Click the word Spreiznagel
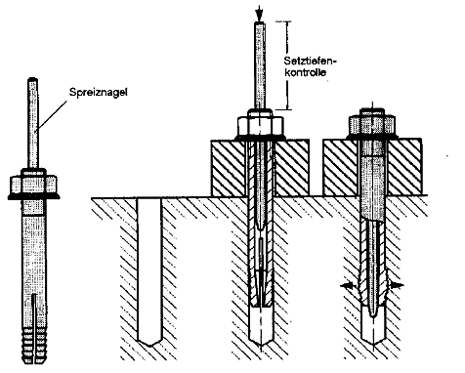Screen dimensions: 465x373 tap(99, 92)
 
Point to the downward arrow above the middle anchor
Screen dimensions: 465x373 tap(259, 14)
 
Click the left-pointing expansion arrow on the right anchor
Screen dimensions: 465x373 tap(348, 285)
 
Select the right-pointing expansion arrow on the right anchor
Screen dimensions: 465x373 tap(395, 285)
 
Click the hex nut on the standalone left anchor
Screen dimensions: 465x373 tap(34, 185)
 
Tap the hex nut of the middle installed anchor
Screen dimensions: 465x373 tap(260, 126)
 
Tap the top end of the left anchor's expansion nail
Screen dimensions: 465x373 tap(32, 79)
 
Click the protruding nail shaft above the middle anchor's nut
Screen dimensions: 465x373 tap(259, 65)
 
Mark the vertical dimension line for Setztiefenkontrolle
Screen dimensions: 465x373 tap(287, 65)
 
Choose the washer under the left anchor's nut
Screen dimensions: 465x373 tap(34, 196)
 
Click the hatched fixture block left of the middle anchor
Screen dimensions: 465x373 tap(228, 168)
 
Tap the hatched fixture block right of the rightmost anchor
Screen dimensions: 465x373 tap(404, 167)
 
